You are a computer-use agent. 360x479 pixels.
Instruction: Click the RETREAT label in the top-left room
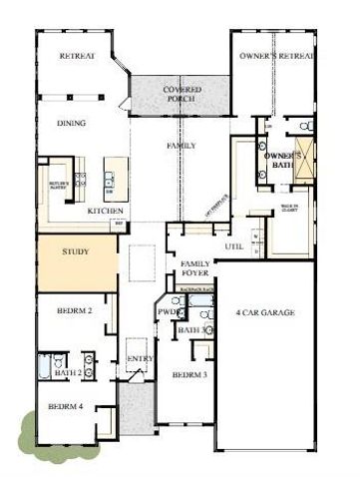pos(77,57)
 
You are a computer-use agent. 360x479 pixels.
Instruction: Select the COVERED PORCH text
pos(181,96)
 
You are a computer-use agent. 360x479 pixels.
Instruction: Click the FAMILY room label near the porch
pos(180,147)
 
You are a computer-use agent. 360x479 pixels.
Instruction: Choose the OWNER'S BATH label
pos(282,163)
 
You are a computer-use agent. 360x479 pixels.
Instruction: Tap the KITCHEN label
pos(105,212)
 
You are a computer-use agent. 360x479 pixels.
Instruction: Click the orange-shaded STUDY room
pos(76,261)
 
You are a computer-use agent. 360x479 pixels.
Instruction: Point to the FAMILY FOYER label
pos(195,268)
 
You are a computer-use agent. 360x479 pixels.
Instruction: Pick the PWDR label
pos(167,311)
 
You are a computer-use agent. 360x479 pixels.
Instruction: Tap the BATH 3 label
pos(191,329)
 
